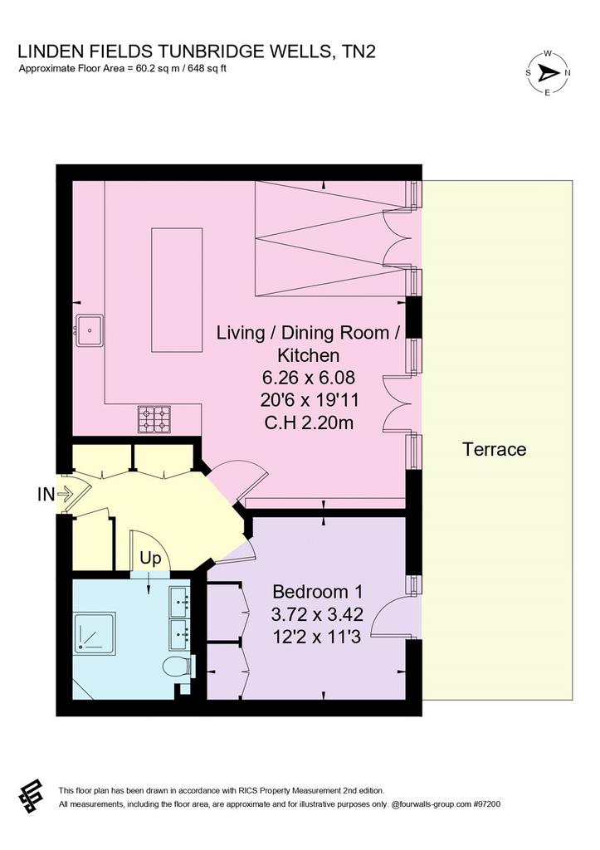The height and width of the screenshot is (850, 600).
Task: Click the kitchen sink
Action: [89, 330]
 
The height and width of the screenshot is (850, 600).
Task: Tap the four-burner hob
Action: [154, 419]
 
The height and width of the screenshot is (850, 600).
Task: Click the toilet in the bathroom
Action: [178, 666]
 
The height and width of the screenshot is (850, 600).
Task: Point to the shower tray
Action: [95, 633]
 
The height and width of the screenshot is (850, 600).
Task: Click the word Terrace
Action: [495, 449]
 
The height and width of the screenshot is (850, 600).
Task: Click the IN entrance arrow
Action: [65, 494]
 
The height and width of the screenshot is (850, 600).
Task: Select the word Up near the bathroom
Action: [150, 559]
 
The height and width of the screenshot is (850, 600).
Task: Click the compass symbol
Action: [548, 72]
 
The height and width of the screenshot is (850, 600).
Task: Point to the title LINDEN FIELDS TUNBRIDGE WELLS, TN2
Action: [197, 51]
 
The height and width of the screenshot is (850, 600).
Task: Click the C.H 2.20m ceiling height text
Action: [309, 422]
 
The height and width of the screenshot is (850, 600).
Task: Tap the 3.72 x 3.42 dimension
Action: [317, 614]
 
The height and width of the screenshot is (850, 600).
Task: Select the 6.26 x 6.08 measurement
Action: [309, 377]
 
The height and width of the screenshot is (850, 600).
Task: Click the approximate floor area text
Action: [122, 69]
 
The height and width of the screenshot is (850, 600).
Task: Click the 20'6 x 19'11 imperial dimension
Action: [309, 400]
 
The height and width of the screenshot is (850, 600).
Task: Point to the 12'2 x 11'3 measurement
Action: [317, 637]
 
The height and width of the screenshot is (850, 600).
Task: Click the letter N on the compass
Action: [568, 73]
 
